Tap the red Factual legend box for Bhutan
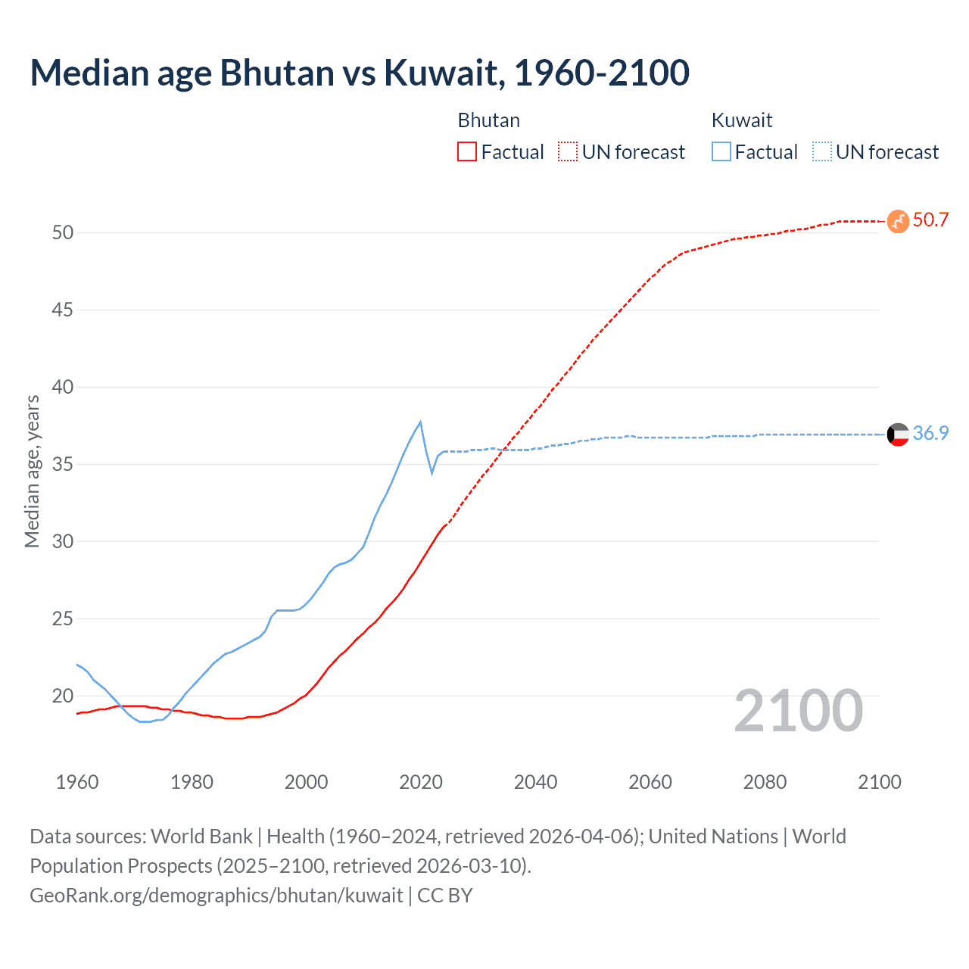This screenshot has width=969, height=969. [467, 151]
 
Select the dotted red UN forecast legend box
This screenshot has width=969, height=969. [568, 151]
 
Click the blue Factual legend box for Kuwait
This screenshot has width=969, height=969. [721, 151]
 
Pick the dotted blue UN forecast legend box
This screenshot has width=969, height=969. [822, 151]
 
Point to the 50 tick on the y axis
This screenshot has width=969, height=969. [63, 232]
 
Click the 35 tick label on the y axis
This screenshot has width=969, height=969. [63, 464]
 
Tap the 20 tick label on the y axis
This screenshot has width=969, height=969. [63, 696]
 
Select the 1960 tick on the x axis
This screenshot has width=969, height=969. [77, 782]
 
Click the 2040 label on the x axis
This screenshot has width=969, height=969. [535, 782]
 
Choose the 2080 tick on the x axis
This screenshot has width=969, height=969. [765, 782]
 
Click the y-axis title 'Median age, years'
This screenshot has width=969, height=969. [32, 471]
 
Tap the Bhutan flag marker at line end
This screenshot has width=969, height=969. [898, 221]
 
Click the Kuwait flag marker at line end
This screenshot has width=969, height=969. [898, 435]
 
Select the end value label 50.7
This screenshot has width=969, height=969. [930, 220]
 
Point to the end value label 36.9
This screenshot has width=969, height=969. [930, 433]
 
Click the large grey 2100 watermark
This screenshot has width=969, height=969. [799, 710]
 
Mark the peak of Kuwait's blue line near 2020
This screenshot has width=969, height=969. [420, 422]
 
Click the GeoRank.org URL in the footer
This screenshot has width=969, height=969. [217, 896]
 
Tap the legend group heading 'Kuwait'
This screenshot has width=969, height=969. [742, 120]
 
